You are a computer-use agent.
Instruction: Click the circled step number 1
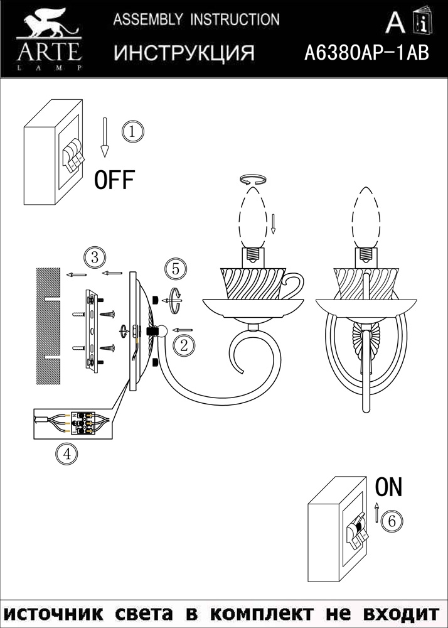[133, 132]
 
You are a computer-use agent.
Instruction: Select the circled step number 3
[93, 257]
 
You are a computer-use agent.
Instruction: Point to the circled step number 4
[66, 453]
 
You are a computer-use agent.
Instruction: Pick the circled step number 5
[176, 269]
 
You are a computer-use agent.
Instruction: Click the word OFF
[114, 180]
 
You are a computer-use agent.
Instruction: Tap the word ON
[388, 487]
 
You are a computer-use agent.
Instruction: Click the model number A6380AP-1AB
[366, 53]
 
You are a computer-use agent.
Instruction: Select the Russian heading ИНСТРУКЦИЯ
[184, 53]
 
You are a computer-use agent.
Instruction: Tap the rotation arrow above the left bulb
[254, 180]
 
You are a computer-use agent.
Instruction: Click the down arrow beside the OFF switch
[105, 138]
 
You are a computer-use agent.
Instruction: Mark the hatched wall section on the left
[48, 325]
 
